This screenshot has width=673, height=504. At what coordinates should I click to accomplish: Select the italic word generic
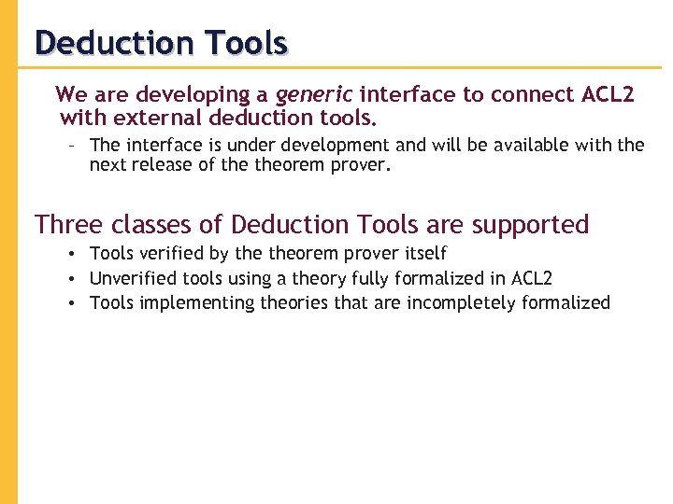click(x=314, y=94)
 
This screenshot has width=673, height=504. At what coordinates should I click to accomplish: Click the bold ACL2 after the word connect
click(x=608, y=94)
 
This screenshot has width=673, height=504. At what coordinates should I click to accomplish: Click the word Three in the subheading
click(x=67, y=225)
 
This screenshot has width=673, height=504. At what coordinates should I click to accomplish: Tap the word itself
click(x=425, y=253)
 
